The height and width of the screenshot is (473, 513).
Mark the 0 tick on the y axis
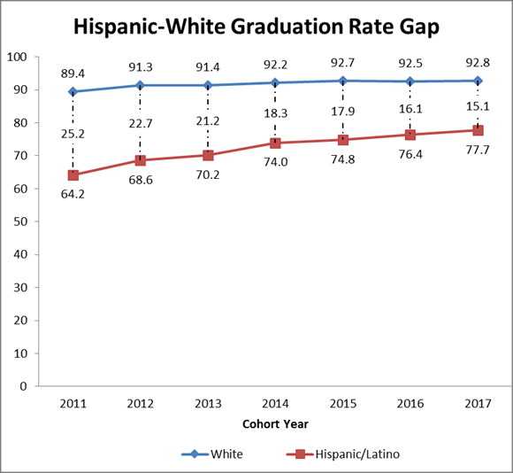(25, 386)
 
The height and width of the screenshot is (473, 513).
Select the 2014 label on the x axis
(275, 404)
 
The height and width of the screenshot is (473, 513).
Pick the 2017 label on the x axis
(478, 404)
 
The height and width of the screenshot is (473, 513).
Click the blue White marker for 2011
(73, 91)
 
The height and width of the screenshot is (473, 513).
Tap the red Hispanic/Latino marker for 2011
(73, 174)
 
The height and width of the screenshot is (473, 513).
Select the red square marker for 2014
(275, 143)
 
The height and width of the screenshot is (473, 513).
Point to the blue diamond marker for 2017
(478, 81)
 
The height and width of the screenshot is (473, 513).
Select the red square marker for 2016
(410, 135)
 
